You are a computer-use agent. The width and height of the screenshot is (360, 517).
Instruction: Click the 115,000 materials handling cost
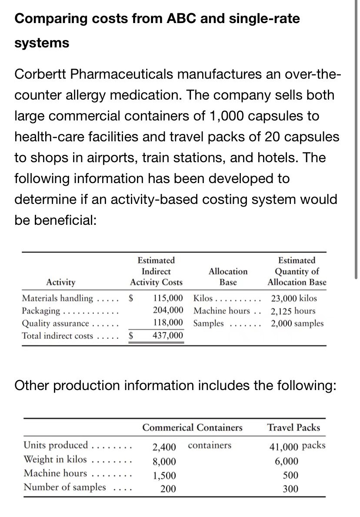(x=168, y=299)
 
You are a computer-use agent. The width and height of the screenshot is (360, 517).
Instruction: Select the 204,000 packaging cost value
(x=168, y=311)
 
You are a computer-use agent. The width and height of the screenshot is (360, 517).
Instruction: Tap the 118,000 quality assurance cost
(x=168, y=324)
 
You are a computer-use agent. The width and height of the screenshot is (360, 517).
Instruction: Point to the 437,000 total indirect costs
(x=168, y=336)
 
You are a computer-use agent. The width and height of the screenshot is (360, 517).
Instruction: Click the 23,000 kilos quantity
(x=294, y=299)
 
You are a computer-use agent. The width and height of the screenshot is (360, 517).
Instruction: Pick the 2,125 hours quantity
(x=293, y=311)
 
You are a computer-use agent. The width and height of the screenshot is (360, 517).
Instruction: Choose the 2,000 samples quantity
(x=297, y=324)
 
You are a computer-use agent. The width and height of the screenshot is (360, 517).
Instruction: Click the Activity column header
(x=60, y=282)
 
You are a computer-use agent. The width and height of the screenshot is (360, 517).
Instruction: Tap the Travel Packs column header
(x=293, y=427)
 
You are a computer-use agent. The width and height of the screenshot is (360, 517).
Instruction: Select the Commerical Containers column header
(x=193, y=427)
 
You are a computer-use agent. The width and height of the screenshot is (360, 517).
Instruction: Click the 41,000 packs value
(x=297, y=446)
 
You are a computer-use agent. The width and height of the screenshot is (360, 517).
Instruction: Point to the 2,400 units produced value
(x=164, y=446)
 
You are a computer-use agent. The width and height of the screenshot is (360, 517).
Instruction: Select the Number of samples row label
(x=64, y=487)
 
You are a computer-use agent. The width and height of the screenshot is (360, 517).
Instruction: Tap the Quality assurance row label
(x=56, y=324)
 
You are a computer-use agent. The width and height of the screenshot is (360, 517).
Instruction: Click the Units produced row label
(x=55, y=445)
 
